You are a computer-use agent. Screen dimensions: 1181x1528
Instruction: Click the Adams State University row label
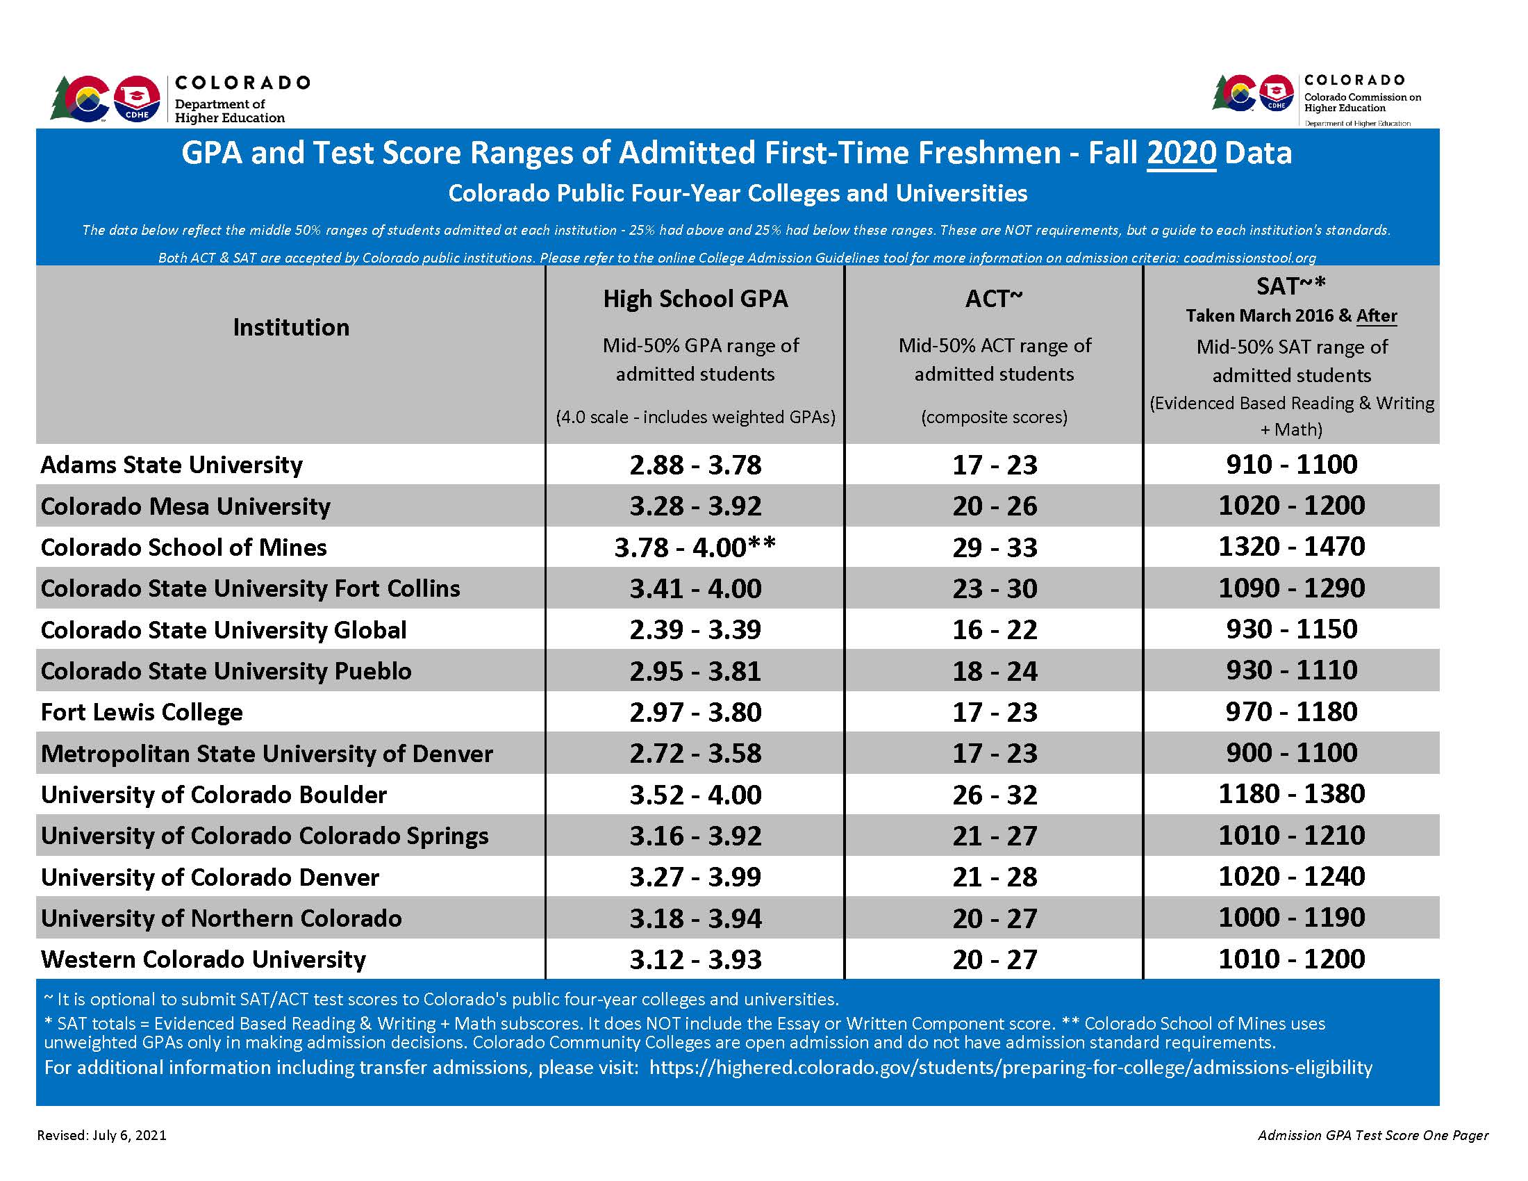[x=172, y=465]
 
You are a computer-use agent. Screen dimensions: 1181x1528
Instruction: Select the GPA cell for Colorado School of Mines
[x=695, y=547]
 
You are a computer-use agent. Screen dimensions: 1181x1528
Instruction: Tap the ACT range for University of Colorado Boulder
[x=994, y=795]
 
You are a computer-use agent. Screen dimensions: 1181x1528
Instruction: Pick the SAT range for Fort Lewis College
[x=1291, y=711]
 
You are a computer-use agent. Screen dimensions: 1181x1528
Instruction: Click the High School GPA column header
[x=695, y=299]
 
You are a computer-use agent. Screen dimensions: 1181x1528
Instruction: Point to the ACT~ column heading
[x=993, y=299]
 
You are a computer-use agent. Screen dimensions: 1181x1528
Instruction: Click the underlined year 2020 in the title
[x=1181, y=153]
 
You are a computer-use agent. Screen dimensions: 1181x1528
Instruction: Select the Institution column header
[x=291, y=327]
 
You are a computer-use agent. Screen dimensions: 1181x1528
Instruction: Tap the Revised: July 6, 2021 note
[x=102, y=1135]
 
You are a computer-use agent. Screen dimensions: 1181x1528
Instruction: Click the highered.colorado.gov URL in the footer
[x=1011, y=1067]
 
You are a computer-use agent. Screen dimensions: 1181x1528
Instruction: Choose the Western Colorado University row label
[x=203, y=959]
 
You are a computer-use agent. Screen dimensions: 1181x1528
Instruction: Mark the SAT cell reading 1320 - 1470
[x=1291, y=547]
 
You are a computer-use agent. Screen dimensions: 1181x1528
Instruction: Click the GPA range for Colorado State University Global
[x=695, y=629]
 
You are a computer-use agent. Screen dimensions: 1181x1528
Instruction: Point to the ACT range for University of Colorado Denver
[x=994, y=877]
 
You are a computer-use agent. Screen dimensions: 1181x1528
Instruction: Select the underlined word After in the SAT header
[x=1376, y=315]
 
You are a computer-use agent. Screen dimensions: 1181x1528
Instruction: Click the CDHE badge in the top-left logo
[x=136, y=99]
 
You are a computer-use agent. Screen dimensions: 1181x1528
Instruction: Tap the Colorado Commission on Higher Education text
[x=1361, y=102]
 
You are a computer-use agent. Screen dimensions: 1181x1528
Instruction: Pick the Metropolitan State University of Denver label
[x=267, y=754]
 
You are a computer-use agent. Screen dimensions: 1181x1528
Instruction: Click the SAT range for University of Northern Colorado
[x=1291, y=917]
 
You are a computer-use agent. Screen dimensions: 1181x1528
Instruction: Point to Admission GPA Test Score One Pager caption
[x=1372, y=1135]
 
